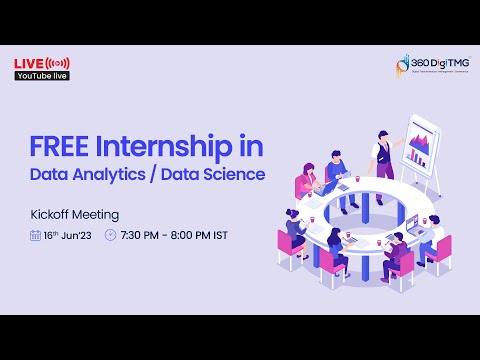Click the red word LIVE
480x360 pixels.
pos(27,64)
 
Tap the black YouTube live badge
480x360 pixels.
pos(39,76)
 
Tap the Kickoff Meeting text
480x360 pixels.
pos(75,214)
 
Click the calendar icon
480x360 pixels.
pos(35,236)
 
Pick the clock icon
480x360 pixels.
pos(110,236)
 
